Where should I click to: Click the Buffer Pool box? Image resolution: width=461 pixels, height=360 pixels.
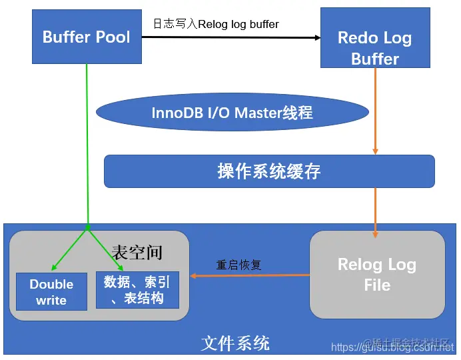[x=87, y=37]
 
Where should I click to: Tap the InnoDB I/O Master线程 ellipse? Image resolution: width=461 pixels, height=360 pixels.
[x=232, y=112]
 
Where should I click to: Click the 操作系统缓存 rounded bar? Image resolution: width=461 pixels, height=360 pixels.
[x=269, y=171]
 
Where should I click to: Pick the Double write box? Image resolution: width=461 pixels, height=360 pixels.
[x=51, y=292]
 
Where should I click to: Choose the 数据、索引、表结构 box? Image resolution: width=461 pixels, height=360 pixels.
[x=137, y=290]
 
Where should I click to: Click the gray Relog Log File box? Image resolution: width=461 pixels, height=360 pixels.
[x=377, y=275]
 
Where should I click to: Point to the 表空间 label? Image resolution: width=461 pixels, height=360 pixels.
[x=137, y=252]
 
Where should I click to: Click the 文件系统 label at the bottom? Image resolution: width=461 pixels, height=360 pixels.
[x=235, y=343]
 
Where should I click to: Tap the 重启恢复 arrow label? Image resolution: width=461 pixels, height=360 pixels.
[x=239, y=265]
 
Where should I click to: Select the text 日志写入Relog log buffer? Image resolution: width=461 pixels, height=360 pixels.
[x=217, y=24]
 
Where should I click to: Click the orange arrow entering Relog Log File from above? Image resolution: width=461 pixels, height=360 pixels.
[x=376, y=213]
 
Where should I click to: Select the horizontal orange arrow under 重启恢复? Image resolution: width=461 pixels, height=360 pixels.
[x=250, y=275]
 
